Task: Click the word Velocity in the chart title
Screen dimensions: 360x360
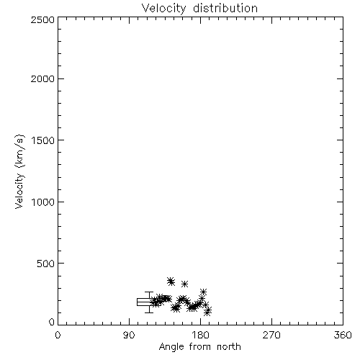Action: click(x=163, y=9)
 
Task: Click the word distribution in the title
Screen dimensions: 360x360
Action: click(x=225, y=8)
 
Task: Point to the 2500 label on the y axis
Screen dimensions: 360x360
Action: click(x=42, y=19)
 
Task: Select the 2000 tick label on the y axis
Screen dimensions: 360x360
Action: click(x=42, y=78)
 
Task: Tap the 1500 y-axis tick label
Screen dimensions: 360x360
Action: click(x=43, y=140)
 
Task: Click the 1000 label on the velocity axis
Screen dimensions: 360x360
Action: click(x=43, y=202)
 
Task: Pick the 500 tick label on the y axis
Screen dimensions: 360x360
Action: click(x=45, y=264)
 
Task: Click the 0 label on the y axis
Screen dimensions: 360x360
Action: click(x=52, y=322)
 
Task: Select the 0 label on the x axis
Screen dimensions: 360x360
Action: click(x=58, y=335)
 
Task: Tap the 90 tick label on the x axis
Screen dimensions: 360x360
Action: click(x=129, y=335)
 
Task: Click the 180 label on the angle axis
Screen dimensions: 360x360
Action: click(x=200, y=335)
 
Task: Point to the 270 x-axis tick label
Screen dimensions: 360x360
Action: click(x=271, y=335)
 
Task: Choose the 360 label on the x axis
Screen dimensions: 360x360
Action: click(x=343, y=335)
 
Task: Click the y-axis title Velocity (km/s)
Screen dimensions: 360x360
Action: click(x=19, y=171)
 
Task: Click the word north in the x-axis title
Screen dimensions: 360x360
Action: click(x=229, y=347)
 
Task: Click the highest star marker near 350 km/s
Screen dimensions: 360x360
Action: click(x=171, y=280)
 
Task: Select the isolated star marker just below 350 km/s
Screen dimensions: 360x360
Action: click(x=184, y=284)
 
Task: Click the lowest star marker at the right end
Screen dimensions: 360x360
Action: click(x=207, y=312)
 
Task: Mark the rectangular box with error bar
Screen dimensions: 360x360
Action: click(x=144, y=302)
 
